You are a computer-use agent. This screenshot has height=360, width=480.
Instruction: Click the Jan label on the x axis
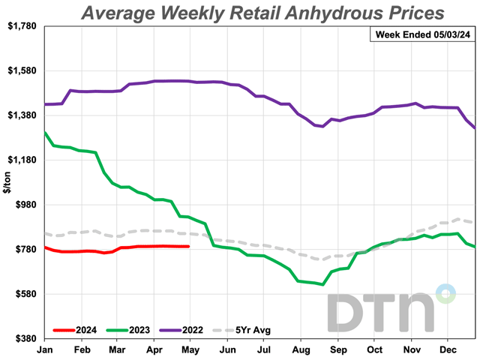coord(44,349)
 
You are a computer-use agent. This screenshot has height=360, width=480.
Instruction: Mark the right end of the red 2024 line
coord(188,246)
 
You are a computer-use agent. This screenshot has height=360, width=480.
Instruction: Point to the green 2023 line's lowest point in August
coord(322,284)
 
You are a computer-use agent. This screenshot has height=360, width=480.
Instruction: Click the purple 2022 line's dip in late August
coord(322,127)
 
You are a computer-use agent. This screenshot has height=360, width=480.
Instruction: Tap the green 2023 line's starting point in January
coord(45,133)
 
